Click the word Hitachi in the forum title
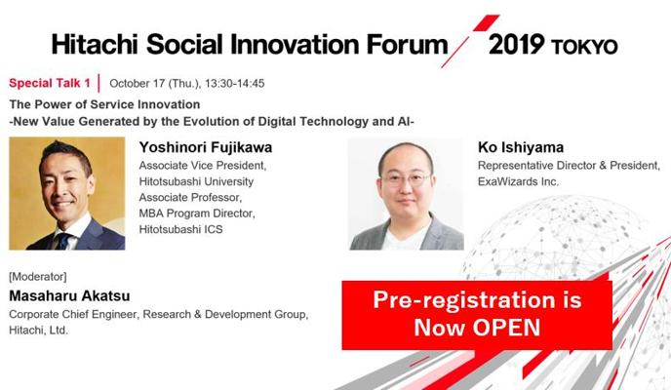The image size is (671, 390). coord(95,45)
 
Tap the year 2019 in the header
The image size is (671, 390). coord(516,45)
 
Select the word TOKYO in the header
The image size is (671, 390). coord(584,47)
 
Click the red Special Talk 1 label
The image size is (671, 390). coord(50,83)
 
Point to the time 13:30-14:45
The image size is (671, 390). coord(234,84)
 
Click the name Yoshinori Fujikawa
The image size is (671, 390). coord(206,147)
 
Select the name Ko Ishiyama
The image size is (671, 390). coord(521,147)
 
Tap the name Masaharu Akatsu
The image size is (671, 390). coord(69,296)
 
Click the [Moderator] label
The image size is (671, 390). coord(38,277)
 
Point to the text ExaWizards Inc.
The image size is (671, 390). coord(518,181)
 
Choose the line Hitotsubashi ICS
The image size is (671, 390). coord(180,230)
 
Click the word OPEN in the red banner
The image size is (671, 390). coord(507,328)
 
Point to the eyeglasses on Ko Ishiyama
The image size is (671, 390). coord(406,179)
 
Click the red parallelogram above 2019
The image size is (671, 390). coord(486,22)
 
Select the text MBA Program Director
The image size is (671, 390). coord(197,214)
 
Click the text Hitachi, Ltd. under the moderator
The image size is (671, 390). coord(38,331)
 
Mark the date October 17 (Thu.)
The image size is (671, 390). coord(155,84)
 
